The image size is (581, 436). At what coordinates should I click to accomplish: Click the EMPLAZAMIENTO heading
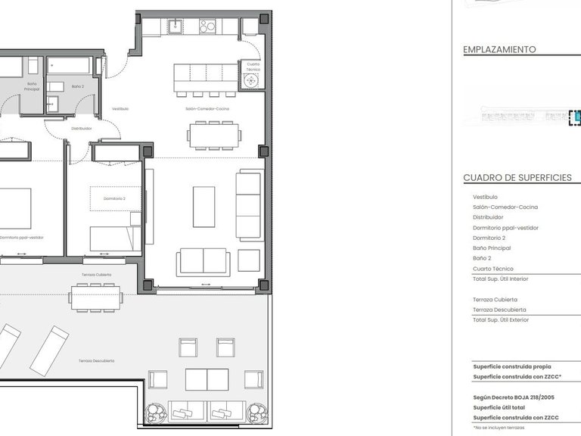coord(499,49)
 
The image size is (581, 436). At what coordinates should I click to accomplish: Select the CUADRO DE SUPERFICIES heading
coord(517,178)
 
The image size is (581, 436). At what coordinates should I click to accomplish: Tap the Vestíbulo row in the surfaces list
coord(486,197)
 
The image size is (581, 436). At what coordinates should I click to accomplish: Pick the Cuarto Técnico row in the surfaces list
coord(493,269)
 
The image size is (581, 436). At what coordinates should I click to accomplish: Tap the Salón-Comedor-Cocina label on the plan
coord(207,109)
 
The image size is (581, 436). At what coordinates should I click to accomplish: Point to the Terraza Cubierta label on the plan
coord(97,275)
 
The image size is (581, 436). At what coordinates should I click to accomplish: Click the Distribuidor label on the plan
coord(82,129)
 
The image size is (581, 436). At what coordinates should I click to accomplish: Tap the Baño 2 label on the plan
coord(78,86)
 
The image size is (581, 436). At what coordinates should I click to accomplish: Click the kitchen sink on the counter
coord(176,26)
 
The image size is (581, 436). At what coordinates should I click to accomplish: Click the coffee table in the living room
coord(204,207)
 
